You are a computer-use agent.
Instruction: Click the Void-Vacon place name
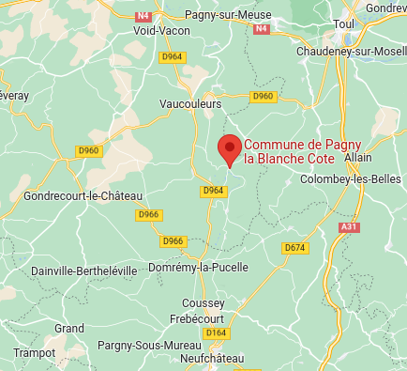point(161,30)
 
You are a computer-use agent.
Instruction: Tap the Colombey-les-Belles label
point(353,179)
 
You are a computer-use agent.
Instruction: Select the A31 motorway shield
point(349,226)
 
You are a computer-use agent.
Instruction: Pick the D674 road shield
point(294,247)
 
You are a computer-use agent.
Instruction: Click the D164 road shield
point(216,332)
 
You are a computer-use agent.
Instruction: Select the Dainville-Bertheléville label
point(83,271)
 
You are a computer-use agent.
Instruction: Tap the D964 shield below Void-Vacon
point(171,57)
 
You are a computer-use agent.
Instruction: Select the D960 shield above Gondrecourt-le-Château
point(89,150)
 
